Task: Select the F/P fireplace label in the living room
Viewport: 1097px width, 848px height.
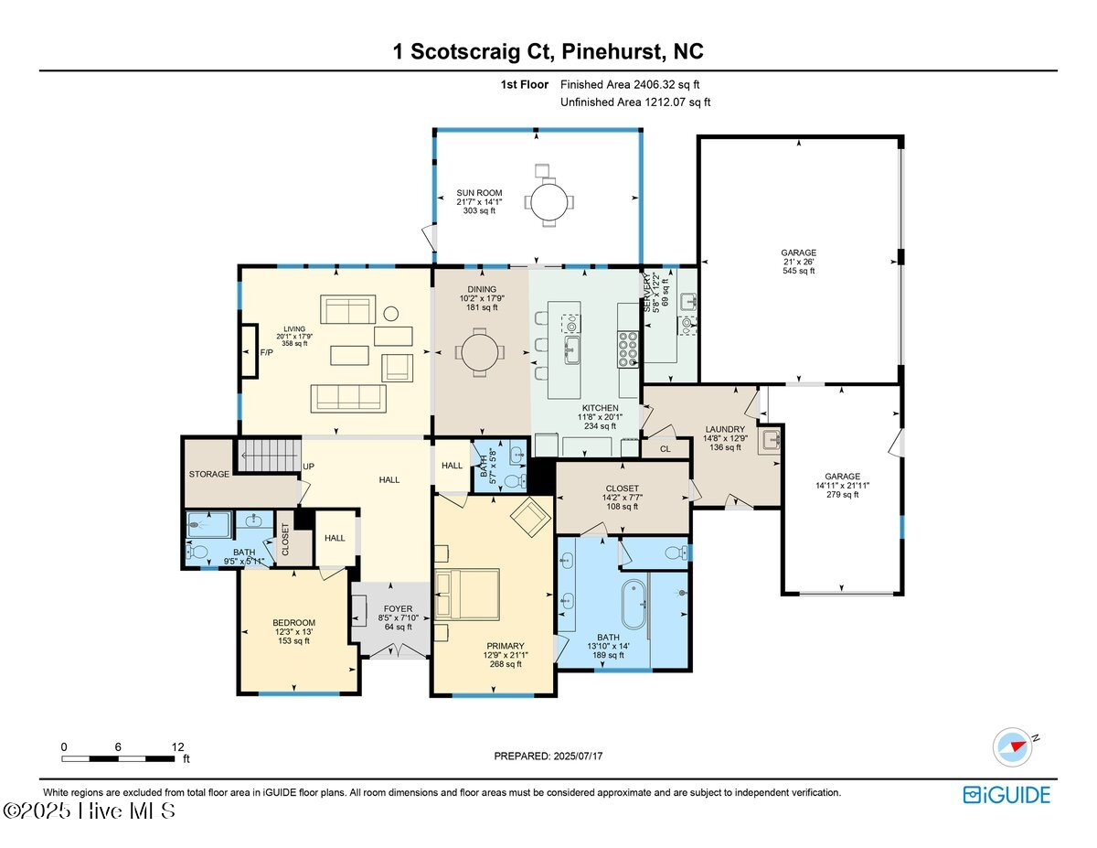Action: coord(267,351)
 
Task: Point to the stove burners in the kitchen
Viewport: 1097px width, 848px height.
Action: coord(629,349)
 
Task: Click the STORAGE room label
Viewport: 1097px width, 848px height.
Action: coord(209,474)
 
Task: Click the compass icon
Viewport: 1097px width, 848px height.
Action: coord(1013,746)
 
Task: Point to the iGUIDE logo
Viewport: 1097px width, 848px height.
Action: coord(1006,795)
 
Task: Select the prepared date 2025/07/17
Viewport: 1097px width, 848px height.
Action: coord(548,756)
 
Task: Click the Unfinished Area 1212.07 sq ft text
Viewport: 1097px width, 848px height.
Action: coord(634,102)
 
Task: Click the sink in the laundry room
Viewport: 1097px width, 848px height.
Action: coord(771,438)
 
